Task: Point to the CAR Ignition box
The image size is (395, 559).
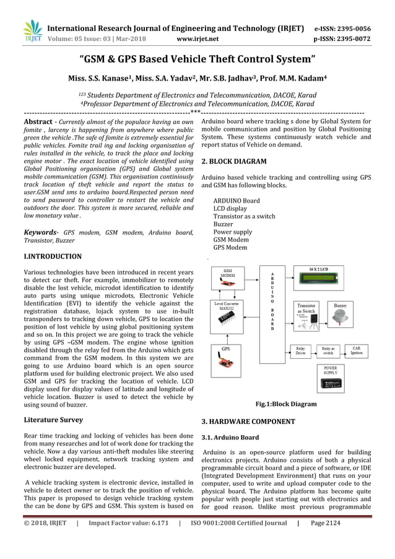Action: (356, 351)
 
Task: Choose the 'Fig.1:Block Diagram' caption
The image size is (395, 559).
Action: (286, 404)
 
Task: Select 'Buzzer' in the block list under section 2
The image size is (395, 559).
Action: (223, 224)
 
